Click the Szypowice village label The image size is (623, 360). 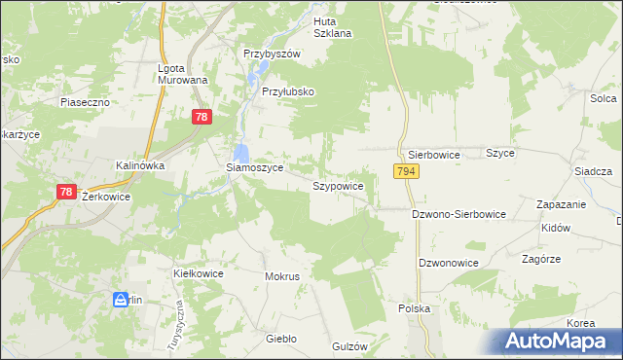tap(338, 185)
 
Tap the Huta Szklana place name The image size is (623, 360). tap(332, 26)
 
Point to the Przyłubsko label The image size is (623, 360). tap(289, 91)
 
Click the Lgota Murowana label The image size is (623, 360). tap(183, 74)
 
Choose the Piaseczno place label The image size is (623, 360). tap(84, 101)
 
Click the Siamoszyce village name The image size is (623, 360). tap(254, 167)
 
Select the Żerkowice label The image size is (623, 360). tap(106, 196)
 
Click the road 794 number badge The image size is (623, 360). tap(407, 171)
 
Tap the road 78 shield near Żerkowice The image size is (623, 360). tap(66, 193)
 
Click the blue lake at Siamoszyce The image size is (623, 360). tap(241, 152)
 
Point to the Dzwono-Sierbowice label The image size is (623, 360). tap(458, 213)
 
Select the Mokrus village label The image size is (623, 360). tap(282, 276)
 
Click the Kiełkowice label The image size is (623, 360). tap(198, 273)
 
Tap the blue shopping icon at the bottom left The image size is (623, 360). tap(121, 300)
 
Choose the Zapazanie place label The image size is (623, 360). tap(561, 204)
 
